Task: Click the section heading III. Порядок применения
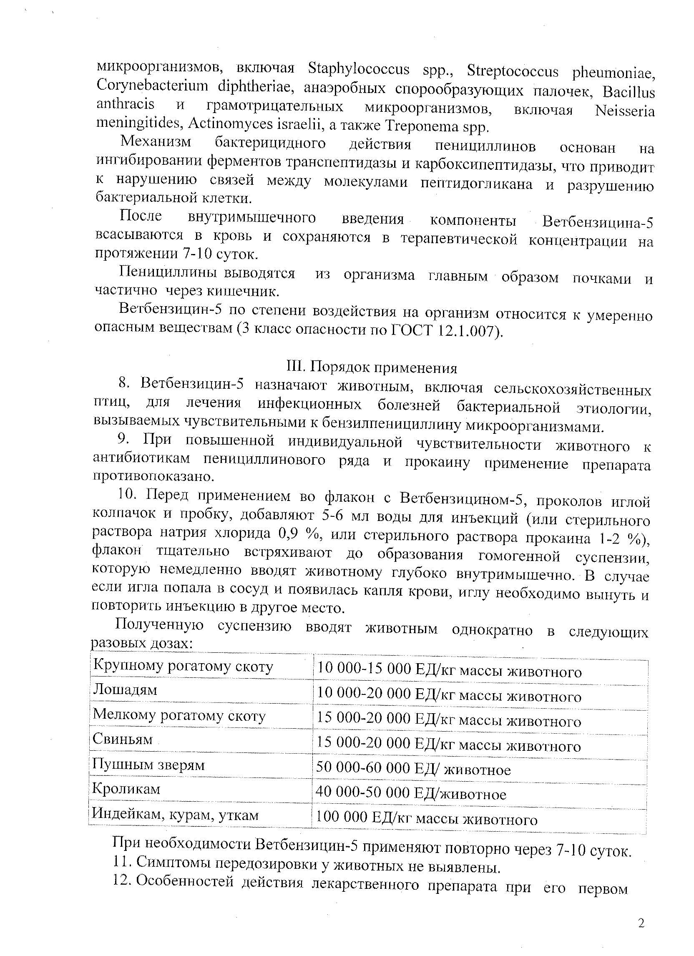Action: [x=371, y=367]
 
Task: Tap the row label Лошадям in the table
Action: [x=125, y=690]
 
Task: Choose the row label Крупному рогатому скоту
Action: [x=183, y=666]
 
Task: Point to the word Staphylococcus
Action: [x=359, y=69]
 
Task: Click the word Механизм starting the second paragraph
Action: [x=156, y=142]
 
